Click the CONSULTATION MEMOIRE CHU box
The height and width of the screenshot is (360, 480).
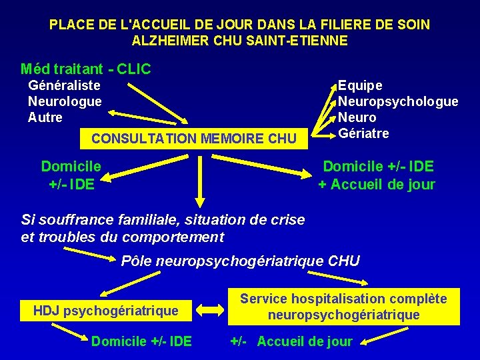(x=193, y=139)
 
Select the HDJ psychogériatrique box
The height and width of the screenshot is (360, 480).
(x=106, y=310)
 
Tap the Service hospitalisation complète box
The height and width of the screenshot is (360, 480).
(x=343, y=307)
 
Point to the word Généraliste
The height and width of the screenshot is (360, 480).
(x=64, y=85)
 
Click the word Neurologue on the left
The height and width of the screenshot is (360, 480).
(x=65, y=101)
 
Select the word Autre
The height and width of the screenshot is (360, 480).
(x=45, y=117)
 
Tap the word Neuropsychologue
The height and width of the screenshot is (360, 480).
(x=398, y=101)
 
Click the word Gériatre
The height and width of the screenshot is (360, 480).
(x=363, y=133)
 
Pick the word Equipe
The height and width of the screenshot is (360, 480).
(x=360, y=85)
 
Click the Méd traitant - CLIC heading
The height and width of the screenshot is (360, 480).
(x=86, y=69)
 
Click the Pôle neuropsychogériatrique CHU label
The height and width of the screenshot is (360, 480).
(x=240, y=261)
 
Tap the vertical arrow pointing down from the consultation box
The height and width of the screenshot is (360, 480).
(x=198, y=180)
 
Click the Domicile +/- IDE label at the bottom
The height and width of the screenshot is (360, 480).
(x=141, y=342)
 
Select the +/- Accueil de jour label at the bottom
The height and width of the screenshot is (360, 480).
(x=291, y=342)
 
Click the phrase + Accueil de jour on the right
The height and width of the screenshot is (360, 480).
(x=377, y=185)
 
